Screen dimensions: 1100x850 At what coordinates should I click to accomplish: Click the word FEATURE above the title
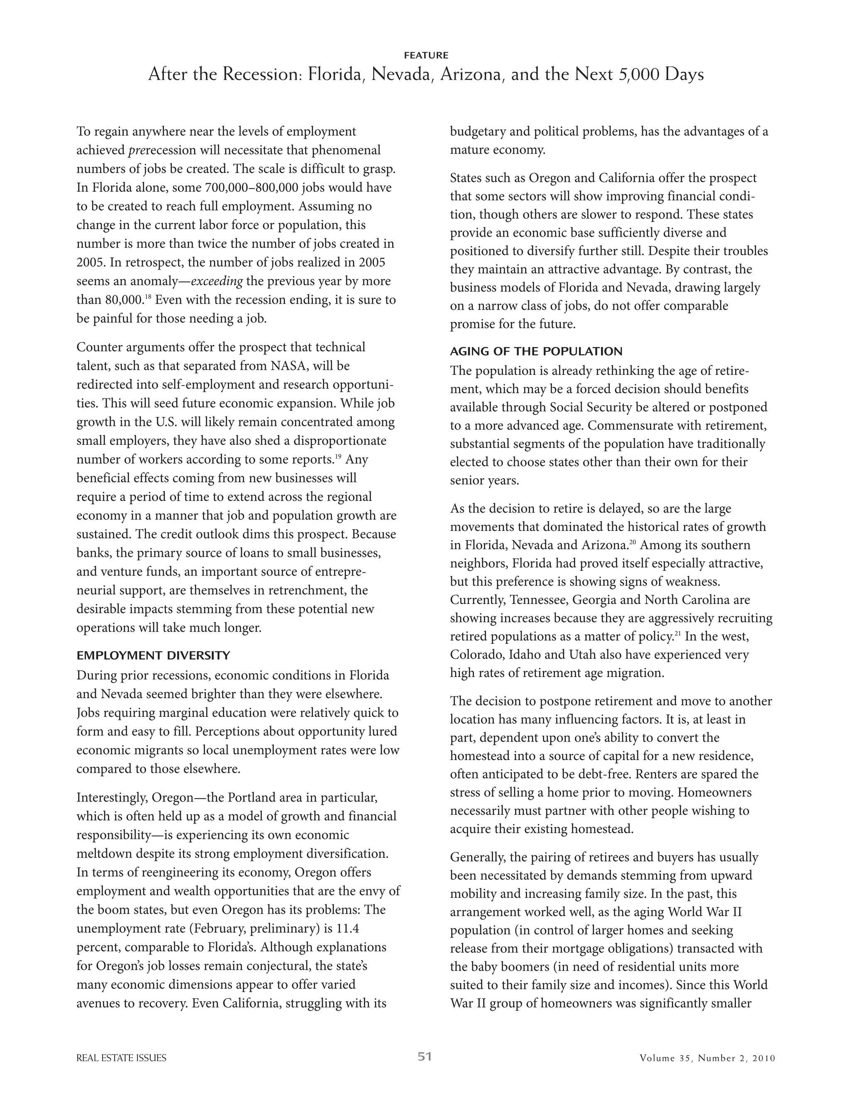pyautogui.click(x=425, y=55)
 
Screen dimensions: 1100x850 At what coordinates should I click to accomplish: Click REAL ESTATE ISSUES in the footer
pyautogui.click(x=121, y=1058)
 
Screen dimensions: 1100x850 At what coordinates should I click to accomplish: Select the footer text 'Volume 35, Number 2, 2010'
pyautogui.click(x=707, y=1058)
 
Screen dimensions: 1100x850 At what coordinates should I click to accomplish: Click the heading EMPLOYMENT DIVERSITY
pyautogui.click(x=153, y=655)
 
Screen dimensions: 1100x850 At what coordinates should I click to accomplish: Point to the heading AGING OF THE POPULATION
pyautogui.click(x=536, y=351)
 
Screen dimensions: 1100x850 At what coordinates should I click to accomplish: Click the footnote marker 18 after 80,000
pyautogui.click(x=148, y=297)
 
